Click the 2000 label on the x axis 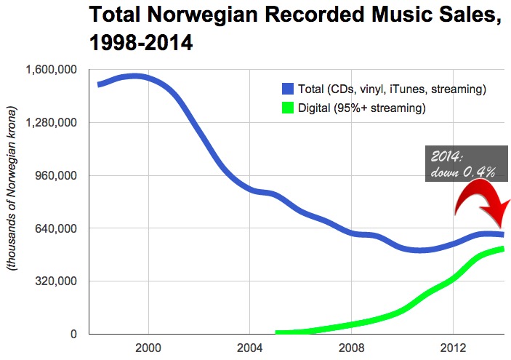(x=148, y=348)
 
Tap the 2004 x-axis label (x=250, y=348)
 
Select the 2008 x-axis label (x=351, y=348)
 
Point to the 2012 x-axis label (x=453, y=348)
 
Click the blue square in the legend (x=288, y=89)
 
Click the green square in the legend (x=288, y=108)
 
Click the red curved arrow (x=480, y=200)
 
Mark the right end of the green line (x=502, y=249)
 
